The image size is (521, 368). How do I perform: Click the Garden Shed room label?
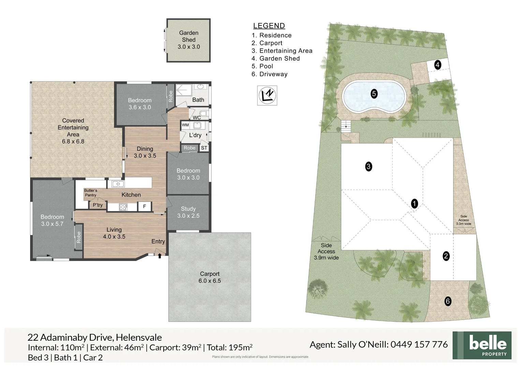pos(189,40)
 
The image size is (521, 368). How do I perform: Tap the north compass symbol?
pos(267,95)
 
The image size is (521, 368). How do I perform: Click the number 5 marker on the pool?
pos(374,94)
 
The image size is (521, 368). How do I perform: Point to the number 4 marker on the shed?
pos(437,64)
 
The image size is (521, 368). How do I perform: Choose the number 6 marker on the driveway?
pos(448,301)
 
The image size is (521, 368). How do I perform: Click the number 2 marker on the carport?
pos(446,256)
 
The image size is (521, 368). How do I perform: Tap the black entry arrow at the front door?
pos(160,256)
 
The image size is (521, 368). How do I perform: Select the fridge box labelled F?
pos(144,206)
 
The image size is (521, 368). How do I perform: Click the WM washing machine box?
pos(185,125)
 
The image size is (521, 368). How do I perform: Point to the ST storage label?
pos(204,148)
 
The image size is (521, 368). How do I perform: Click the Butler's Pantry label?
pos(91,193)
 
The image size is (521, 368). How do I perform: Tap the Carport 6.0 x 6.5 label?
pos(210,277)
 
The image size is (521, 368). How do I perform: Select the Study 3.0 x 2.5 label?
pos(188,212)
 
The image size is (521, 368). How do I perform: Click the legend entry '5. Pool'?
pos(262,66)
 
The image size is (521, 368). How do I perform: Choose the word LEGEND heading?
pos(269,26)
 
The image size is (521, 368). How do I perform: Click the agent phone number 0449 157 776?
pos(419,344)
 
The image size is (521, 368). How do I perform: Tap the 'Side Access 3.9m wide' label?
pos(326,251)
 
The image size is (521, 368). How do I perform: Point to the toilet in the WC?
pos(203,113)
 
